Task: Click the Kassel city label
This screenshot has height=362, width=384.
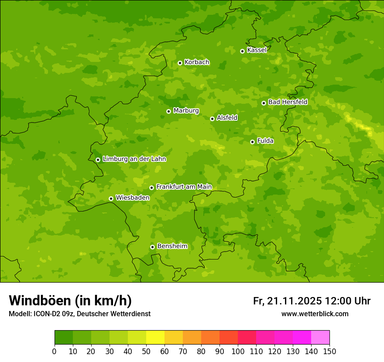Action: coord(257,50)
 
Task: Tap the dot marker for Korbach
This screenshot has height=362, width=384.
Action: coord(180,63)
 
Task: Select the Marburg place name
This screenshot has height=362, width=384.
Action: coord(186,111)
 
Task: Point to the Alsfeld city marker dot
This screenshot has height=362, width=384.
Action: coord(212,119)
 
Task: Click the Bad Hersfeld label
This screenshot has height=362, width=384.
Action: coord(288,102)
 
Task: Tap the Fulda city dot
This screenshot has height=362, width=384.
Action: coord(252,142)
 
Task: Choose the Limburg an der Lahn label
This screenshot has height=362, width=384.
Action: coord(134,159)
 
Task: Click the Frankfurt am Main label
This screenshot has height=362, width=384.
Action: coord(184,187)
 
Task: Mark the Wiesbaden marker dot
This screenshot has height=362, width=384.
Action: coord(111,198)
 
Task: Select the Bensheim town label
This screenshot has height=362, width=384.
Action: coord(172,246)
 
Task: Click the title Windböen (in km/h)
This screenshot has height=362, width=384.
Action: coord(70,301)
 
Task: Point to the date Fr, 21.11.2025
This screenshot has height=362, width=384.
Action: coord(288,301)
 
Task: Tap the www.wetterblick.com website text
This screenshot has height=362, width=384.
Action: coord(315,314)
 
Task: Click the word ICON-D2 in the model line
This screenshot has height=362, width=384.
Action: coord(45,314)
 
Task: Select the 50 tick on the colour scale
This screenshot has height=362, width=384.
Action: coord(146,351)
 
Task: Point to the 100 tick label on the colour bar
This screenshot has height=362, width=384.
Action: coord(238,351)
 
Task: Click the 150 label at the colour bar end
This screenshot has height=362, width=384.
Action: coord(329,351)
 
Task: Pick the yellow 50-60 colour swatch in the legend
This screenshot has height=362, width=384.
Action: coord(155,338)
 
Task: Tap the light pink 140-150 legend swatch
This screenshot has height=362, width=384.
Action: coord(320,338)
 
